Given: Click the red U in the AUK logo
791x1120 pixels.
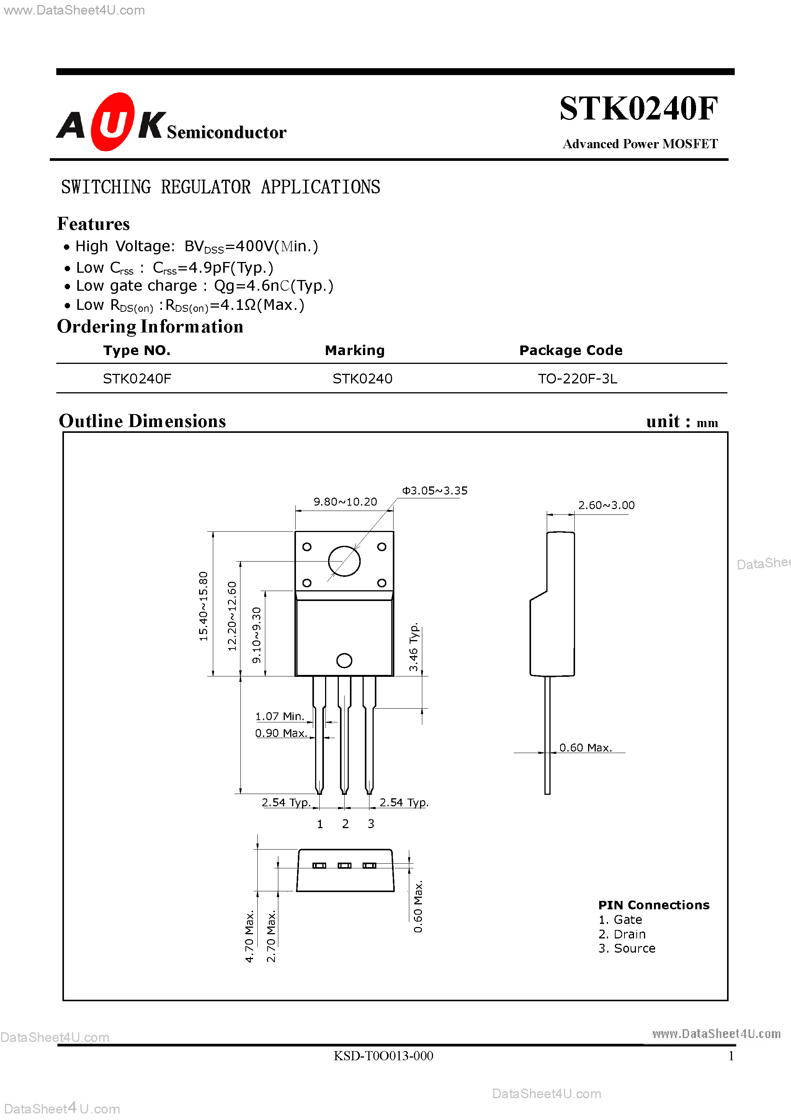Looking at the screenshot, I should (112, 122).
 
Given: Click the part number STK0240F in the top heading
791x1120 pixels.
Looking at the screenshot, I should (638, 108).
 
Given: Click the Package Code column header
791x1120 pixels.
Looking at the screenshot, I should (570, 350).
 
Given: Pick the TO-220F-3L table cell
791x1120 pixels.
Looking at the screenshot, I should (577, 378).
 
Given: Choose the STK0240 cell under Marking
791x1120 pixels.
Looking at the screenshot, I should (362, 378).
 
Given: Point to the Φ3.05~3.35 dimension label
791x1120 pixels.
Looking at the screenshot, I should (434, 490).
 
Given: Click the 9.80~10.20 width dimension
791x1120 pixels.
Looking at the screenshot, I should (345, 501).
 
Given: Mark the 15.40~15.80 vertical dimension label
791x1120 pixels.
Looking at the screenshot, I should (203, 606).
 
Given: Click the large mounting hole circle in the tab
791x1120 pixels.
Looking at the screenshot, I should (344, 561).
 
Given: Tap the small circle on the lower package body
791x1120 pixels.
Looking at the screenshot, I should (344, 660).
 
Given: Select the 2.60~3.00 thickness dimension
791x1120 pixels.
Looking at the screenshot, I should (606, 505).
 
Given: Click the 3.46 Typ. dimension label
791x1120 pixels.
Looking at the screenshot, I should (413, 647).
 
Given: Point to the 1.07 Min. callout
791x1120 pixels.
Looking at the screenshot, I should (280, 716).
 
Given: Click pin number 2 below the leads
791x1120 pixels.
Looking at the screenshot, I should (345, 824).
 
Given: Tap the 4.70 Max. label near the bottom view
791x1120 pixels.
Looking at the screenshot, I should (249, 936).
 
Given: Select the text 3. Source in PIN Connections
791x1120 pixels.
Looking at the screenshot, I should (627, 948).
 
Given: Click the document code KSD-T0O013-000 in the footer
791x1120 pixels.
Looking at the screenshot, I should (383, 1056).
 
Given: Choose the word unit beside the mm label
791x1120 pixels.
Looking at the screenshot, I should (663, 421).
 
